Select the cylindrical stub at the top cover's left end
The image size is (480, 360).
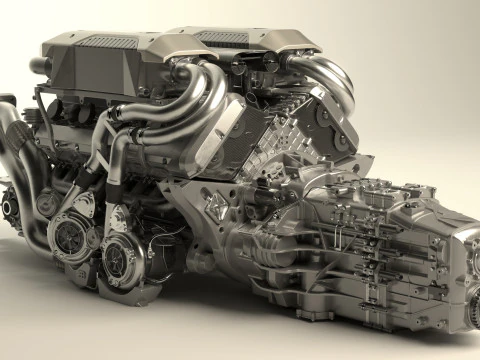click(x=40, y=65)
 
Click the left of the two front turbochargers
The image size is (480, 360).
click(x=72, y=236)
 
